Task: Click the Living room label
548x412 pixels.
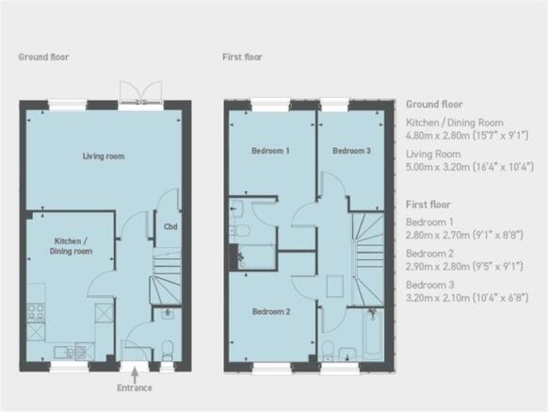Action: [x=104, y=157]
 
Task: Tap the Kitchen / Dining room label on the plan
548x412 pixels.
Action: [x=71, y=246]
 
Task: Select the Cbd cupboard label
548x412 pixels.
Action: [x=170, y=226]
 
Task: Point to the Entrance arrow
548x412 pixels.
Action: [x=135, y=375]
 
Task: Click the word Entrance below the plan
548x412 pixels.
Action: [x=135, y=387]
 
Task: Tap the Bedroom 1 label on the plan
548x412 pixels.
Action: [x=270, y=151]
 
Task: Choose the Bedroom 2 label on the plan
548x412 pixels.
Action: [x=271, y=311]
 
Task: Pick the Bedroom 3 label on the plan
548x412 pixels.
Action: [x=351, y=151]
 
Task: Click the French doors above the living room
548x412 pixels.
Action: [x=141, y=93]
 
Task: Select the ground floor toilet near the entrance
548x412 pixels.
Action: [x=168, y=350]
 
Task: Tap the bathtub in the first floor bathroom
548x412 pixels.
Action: [x=372, y=333]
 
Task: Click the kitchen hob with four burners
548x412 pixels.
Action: [x=36, y=312]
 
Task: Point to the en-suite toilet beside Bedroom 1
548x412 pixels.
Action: [x=241, y=231]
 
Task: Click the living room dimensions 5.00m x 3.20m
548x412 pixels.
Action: [x=470, y=167]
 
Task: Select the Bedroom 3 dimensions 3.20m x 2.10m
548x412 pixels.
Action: [x=467, y=298]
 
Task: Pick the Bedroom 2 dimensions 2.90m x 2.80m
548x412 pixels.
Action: [x=464, y=267]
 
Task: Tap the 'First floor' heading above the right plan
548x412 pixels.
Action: [x=242, y=57]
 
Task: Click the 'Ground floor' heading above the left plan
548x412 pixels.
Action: [x=43, y=57]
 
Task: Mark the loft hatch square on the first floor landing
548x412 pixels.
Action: [x=335, y=287]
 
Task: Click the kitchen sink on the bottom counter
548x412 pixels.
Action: [x=64, y=353]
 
